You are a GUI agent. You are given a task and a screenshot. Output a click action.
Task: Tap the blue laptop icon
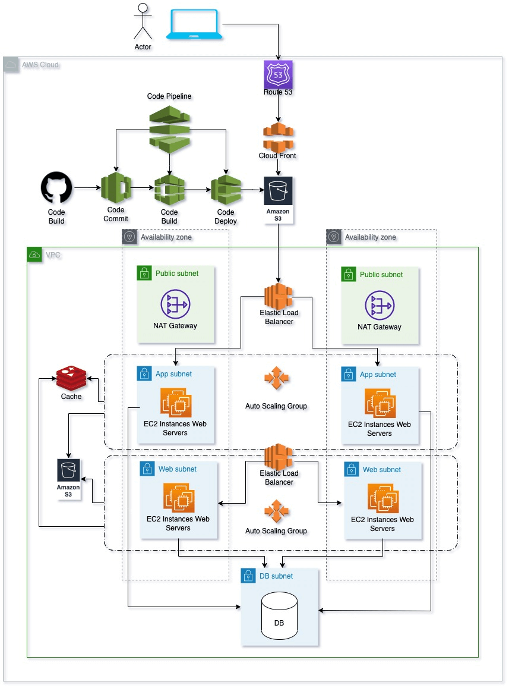pyautogui.click(x=194, y=25)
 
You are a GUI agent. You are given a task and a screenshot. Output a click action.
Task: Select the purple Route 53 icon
pyautogui.click(x=278, y=75)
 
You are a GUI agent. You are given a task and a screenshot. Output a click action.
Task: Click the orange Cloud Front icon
pyautogui.click(x=278, y=137)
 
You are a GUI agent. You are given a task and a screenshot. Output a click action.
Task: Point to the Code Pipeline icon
pyautogui.click(x=169, y=127)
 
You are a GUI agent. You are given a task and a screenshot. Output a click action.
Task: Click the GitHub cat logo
pyautogui.click(x=56, y=188)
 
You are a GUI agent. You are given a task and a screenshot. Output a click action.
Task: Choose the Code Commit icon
pyautogui.click(x=115, y=188)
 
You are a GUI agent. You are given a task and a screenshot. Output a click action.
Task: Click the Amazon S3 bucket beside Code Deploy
pyautogui.click(x=278, y=191)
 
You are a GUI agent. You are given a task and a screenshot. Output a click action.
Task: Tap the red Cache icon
pyautogui.click(x=71, y=378)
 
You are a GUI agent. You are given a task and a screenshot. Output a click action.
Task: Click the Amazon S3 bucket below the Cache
pyautogui.click(x=68, y=470)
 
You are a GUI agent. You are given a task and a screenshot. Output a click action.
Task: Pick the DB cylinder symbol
pyautogui.click(x=279, y=619)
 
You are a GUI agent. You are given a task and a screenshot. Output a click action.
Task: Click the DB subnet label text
pyautogui.click(x=276, y=576)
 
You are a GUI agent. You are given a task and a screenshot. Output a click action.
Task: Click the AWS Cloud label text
pyautogui.click(x=40, y=64)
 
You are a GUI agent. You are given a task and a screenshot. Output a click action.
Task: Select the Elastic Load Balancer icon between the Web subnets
pyautogui.click(x=279, y=456)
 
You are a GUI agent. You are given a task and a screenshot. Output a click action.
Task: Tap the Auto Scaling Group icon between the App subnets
pyautogui.click(x=276, y=379)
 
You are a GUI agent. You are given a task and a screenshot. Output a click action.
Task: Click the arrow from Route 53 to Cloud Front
pyautogui.click(x=278, y=109)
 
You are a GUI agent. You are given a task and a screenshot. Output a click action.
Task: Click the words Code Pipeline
pyautogui.click(x=169, y=96)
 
